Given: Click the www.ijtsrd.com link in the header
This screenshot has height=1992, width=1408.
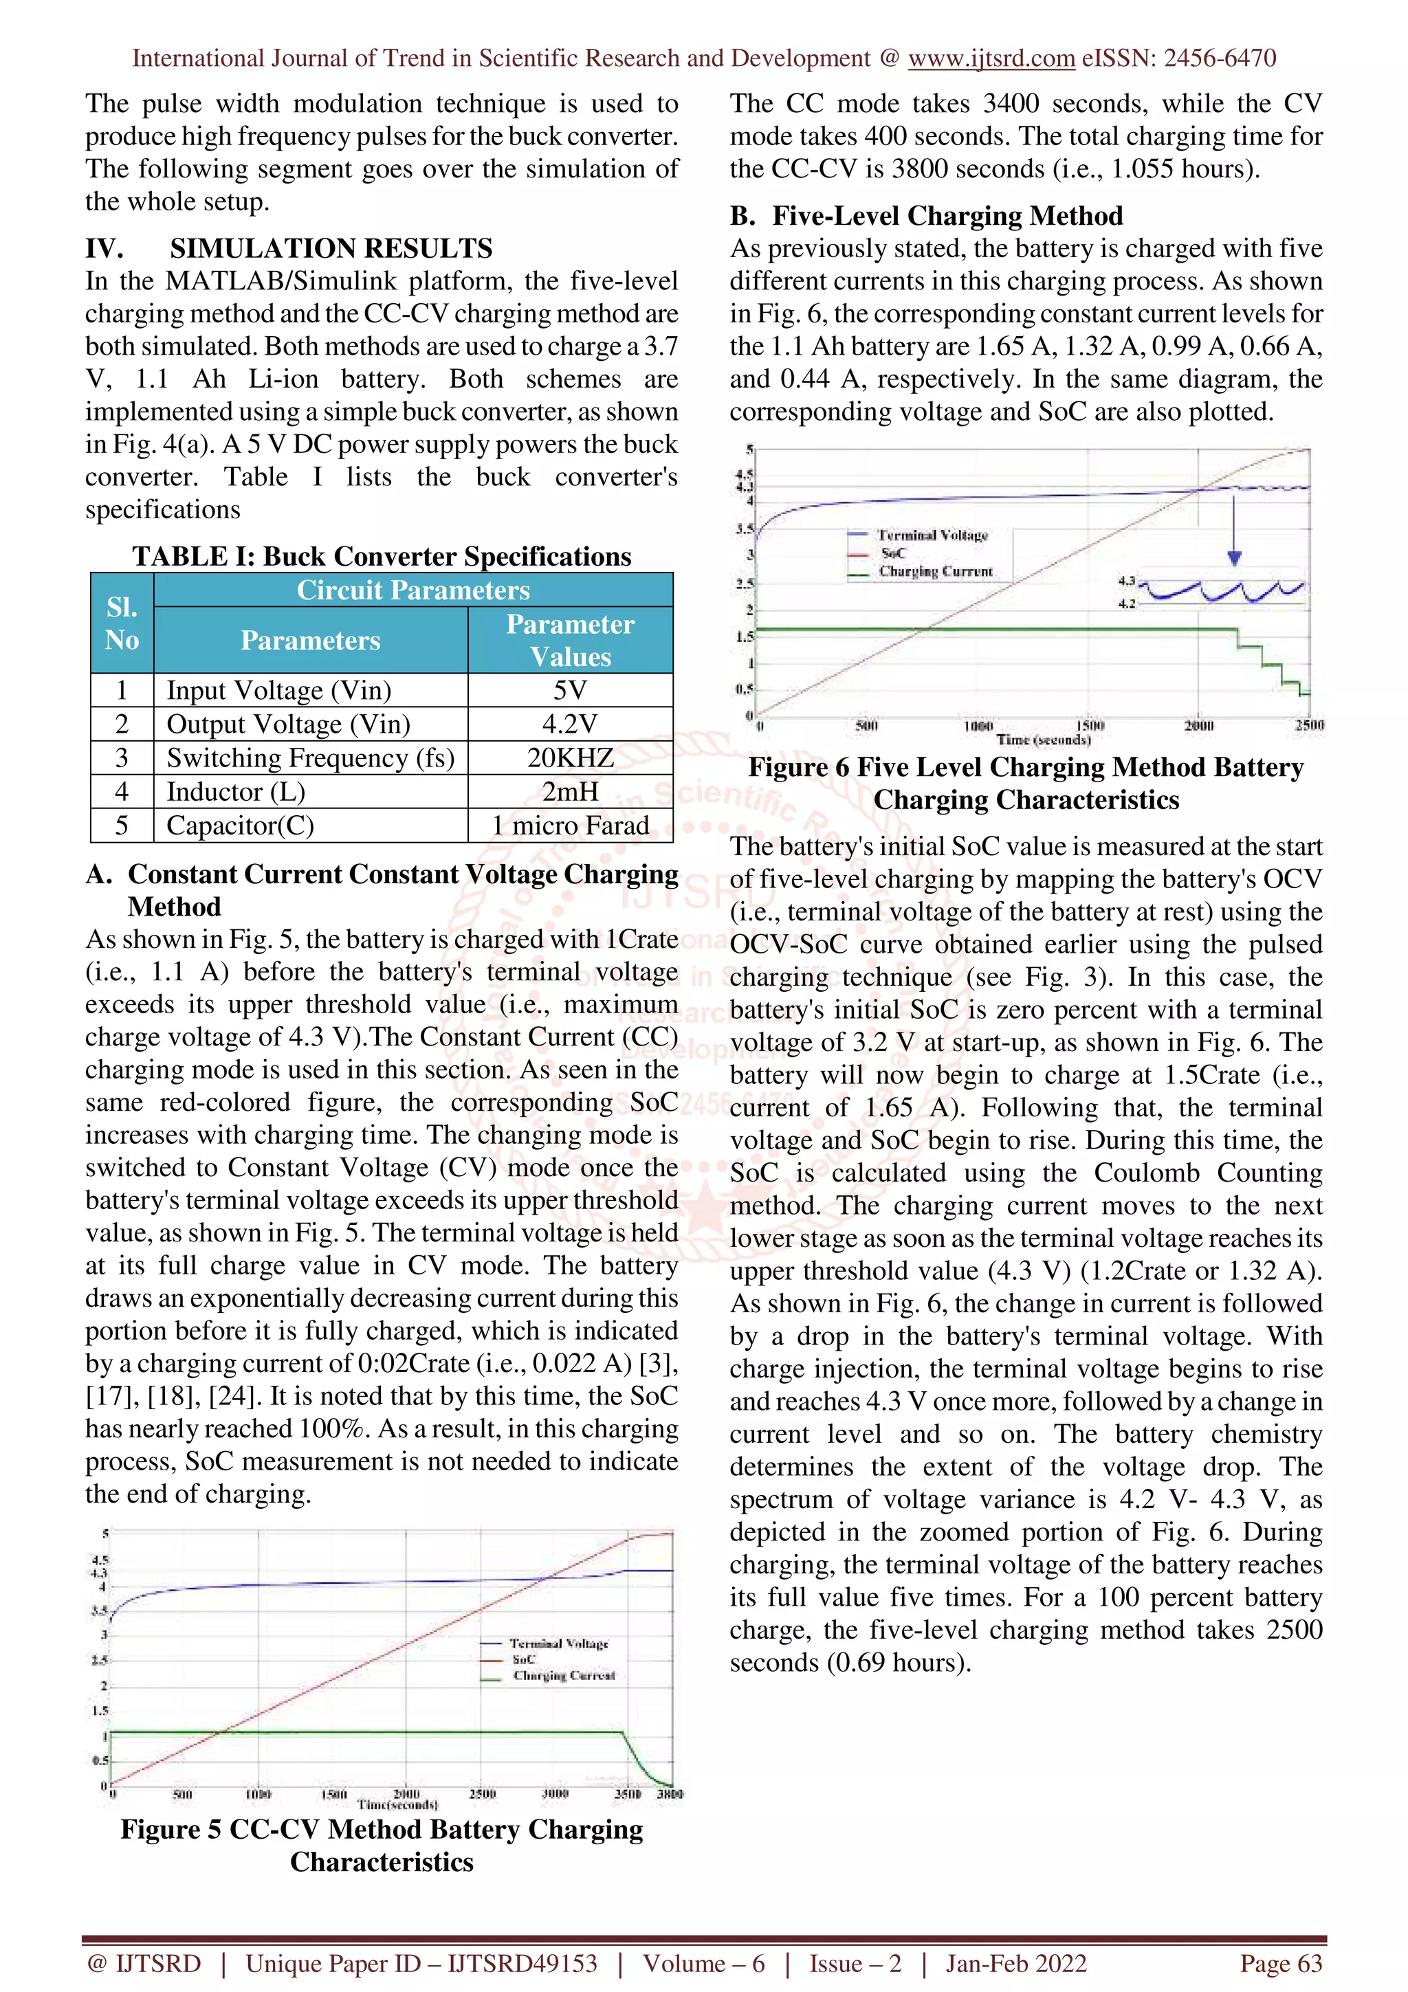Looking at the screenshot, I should pyautogui.click(x=991, y=58).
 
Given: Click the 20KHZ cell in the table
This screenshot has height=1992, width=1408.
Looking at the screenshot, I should pyautogui.click(x=570, y=757).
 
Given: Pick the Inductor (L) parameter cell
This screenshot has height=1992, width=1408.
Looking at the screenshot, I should pyautogui.click(x=236, y=791).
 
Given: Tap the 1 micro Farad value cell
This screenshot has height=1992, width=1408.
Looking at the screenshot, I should pyautogui.click(x=570, y=825).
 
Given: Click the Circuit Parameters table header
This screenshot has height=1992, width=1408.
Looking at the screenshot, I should pyautogui.click(x=413, y=590).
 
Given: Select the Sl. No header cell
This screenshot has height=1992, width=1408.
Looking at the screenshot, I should pyautogui.click(x=122, y=623).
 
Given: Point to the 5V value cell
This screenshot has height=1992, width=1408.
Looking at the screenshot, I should pyautogui.click(x=570, y=691).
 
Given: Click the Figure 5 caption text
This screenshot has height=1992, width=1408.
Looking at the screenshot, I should pyautogui.click(x=382, y=1846).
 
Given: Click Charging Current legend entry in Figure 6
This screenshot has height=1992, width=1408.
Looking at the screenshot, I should pyautogui.click(x=935, y=572).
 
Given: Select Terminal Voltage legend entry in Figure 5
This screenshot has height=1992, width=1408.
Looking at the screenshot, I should pyautogui.click(x=559, y=1644).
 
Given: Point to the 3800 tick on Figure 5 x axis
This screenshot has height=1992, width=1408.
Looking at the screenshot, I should pyautogui.click(x=670, y=1793).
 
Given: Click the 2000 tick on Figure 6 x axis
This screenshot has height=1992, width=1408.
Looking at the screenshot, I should pyautogui.click(x=1199, y=725).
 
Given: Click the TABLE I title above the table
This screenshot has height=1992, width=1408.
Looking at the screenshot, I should pyautogui.click(x=382, y=556).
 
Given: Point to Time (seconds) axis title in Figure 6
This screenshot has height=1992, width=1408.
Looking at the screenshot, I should pyautogui.click(x=1043, y=740).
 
